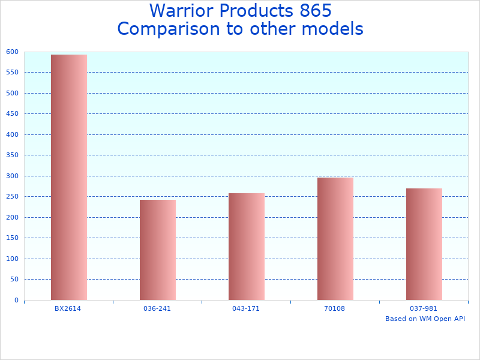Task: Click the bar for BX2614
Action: pos(69,178)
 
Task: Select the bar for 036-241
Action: pos(158,250)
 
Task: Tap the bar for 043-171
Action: pos(247,247)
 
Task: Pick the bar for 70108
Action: pos(335,239)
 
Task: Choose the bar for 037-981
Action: pos(424,244)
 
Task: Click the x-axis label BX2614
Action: pos(68,308)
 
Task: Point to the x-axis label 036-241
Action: pos(157,308)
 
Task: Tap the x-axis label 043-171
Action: pos(246,308)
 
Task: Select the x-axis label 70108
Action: pos(335,308)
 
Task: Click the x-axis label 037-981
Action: pos(424,308)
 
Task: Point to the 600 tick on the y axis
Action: pos(13,52)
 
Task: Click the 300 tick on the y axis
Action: pos(13,176)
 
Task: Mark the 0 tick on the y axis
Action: pos(16,301)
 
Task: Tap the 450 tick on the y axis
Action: pos(13,114)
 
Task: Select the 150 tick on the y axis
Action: pos(13,238)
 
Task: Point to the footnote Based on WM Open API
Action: pos(425,319)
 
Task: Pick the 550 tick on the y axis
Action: pos(13,73)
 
